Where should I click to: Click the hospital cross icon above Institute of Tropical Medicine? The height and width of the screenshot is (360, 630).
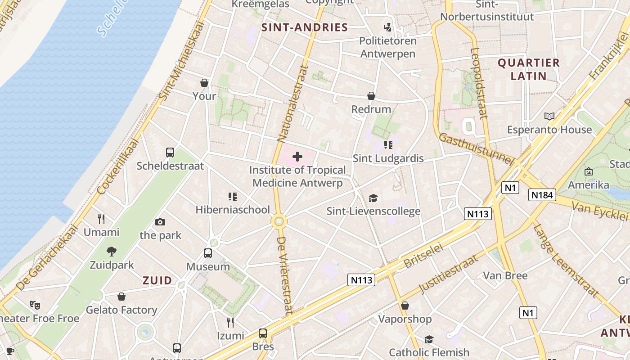[297, 157]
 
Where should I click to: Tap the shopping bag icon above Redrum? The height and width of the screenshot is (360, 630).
[371, 96]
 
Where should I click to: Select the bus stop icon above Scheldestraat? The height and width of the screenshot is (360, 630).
[170, 153]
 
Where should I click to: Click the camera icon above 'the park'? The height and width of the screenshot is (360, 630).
[160, 222]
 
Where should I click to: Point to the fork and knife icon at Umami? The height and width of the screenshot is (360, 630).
[101, 219]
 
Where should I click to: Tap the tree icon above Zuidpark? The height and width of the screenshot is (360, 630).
[112, 252]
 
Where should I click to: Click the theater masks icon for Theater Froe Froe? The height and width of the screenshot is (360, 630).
[35, 305]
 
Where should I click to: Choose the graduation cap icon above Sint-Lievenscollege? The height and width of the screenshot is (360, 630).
[373, 198]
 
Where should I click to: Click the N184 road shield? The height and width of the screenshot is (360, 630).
[542, 195]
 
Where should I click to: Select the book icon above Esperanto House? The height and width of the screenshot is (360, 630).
[549, 117]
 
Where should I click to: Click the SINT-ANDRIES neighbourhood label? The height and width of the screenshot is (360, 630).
[305, 27]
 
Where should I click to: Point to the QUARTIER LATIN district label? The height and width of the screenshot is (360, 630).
[529, 69]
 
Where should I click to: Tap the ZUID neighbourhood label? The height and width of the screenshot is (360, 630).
[157, 281]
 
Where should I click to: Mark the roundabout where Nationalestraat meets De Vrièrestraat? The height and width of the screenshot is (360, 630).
[279, 221]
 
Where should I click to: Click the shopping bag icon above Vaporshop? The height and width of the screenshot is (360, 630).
[405, 306]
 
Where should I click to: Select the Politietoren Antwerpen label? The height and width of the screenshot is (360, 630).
[387, 47]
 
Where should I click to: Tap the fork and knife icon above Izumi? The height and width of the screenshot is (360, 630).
[230, 322]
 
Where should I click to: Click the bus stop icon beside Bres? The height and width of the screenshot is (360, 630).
[263, 334]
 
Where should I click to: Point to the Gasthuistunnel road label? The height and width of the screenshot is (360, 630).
[476, 149]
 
